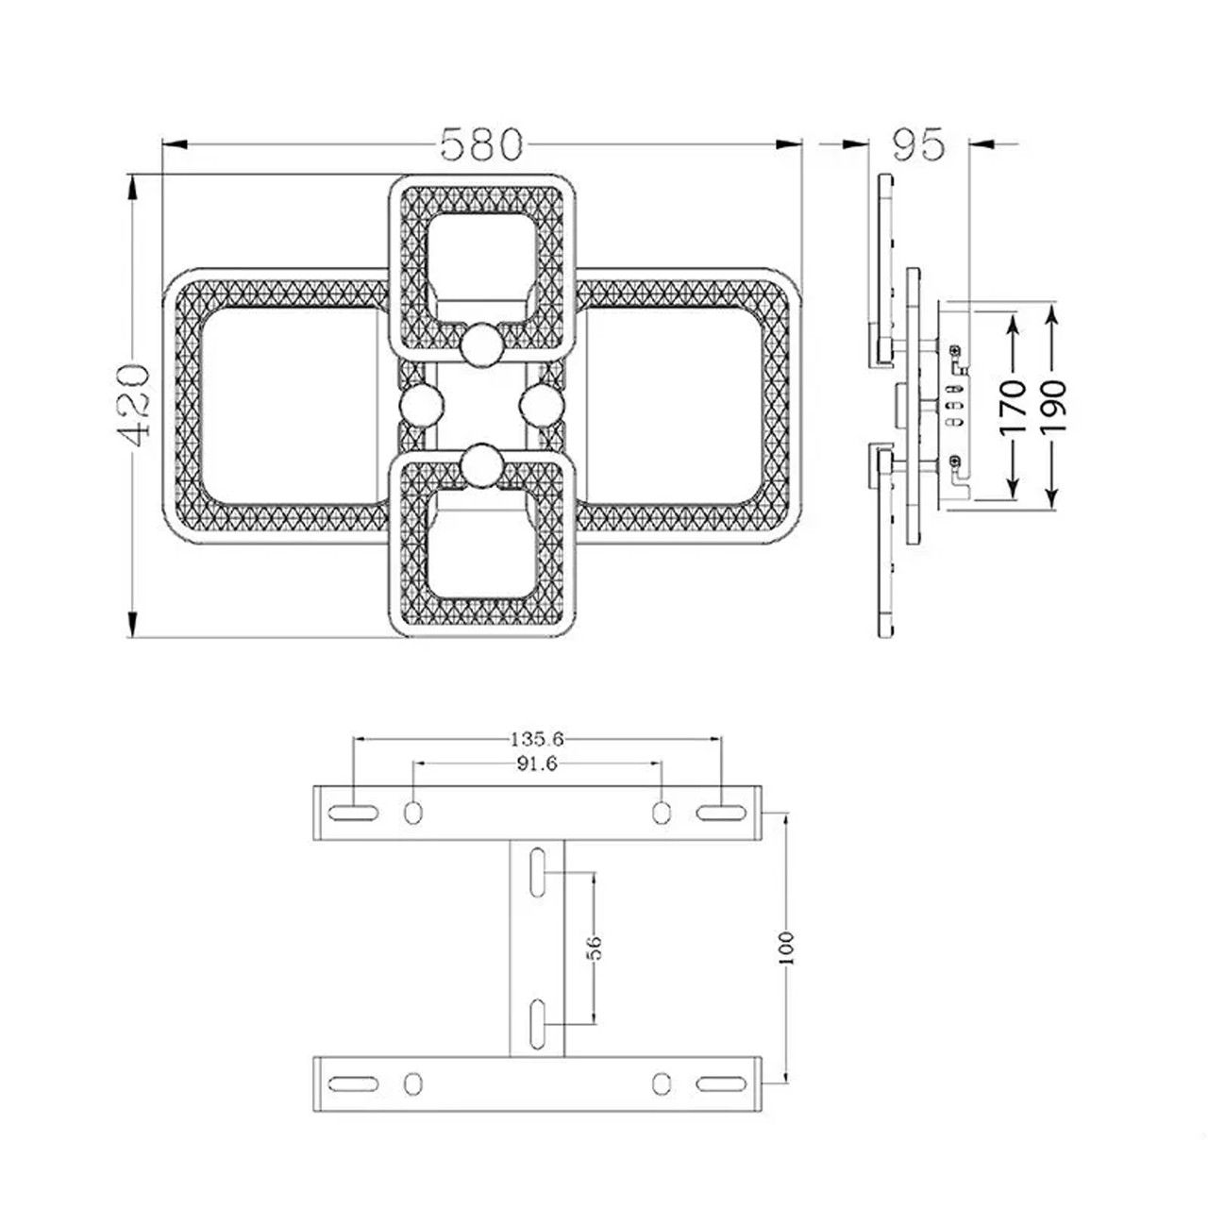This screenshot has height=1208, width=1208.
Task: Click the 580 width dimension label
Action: (x=480, y=144)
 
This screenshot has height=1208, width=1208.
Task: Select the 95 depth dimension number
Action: (x=917, y=144)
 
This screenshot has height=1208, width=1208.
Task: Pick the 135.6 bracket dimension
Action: (x=537, y=740)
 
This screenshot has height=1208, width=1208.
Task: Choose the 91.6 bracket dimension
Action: (x=537, y=763)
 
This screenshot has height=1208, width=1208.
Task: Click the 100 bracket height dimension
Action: (x=788, y=948)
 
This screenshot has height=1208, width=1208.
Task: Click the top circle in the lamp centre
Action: (x=481, y=344)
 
